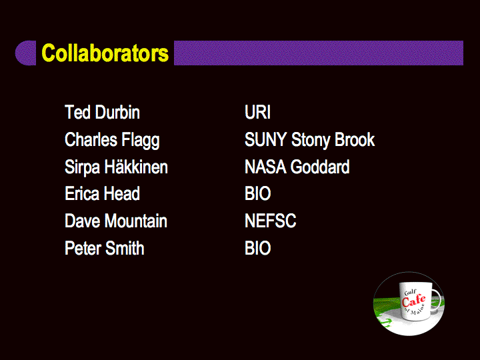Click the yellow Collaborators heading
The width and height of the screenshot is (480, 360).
coord(105,53)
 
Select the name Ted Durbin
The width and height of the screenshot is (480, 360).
coord(102,112)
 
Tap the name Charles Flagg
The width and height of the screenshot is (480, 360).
coord(112,140)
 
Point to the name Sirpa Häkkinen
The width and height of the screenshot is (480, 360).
coord(116,167)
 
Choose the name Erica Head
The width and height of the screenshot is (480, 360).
coord(102,193)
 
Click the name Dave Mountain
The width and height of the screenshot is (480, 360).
coord(116,221)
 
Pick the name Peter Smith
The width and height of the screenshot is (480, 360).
coord(105,248)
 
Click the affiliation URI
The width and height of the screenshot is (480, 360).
coord(257,112)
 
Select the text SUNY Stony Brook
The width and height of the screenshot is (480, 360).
coord(309,140)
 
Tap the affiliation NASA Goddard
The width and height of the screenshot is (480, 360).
coord(297,167)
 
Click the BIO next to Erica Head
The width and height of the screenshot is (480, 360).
coord(258,193)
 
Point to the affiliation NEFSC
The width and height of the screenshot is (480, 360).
coord(270,221)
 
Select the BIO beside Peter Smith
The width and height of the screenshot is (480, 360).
coord(258,248)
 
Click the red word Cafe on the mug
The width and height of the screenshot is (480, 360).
coord(413,301)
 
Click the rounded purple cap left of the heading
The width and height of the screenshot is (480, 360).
coord(26,53)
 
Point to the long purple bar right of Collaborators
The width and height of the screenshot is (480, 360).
coord(319,53)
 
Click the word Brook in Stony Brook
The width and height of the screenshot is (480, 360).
coord(355,139)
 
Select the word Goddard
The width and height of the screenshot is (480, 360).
coord(320,167)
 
